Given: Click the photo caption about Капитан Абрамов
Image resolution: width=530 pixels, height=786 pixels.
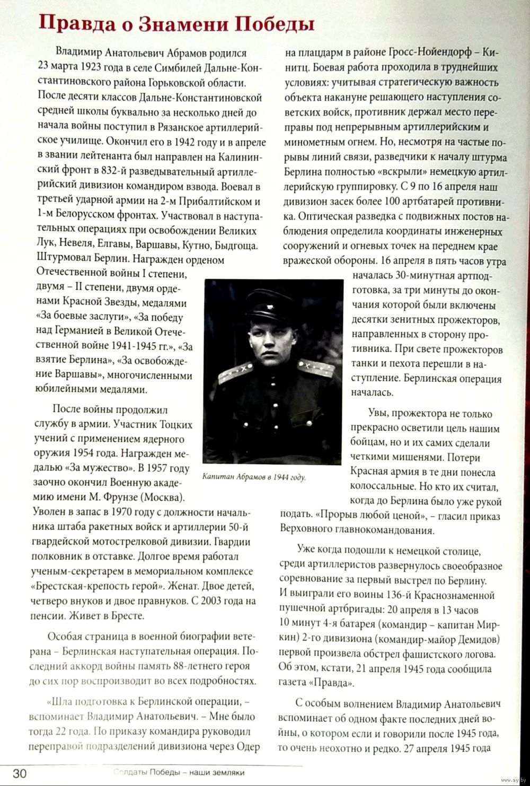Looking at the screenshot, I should pyautogui.click(x=254, y=477).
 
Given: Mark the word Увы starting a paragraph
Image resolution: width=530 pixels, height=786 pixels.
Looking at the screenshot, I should pyautogui.click(x=377, y=414).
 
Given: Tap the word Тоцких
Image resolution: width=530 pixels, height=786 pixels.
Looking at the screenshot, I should pyautogui.click(x=174, y=425).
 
